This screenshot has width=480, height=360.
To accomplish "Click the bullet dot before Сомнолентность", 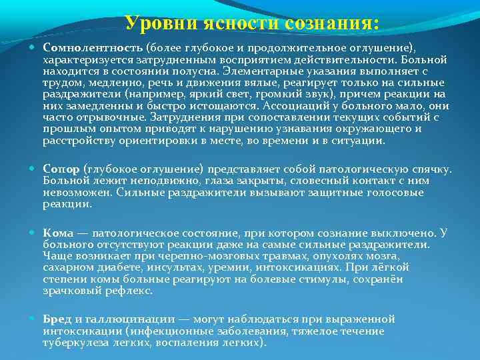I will (x=35, y=49).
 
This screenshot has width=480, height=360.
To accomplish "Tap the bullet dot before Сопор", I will (x=35, y=170).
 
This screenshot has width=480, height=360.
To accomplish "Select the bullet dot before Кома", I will (x=35, y=234).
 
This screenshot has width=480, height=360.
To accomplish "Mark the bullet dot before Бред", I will (x=35, y=319).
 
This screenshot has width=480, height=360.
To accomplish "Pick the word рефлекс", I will (x=129, y=290).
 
